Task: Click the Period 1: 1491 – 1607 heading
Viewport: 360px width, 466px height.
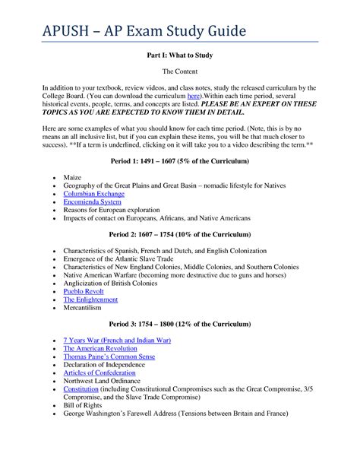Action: [x=179, y=162]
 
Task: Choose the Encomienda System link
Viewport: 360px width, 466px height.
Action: [x=92, y=201]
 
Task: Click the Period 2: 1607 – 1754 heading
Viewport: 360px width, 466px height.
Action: [x=179, y=235]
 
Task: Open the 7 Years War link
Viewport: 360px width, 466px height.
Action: [x=117, y=341]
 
